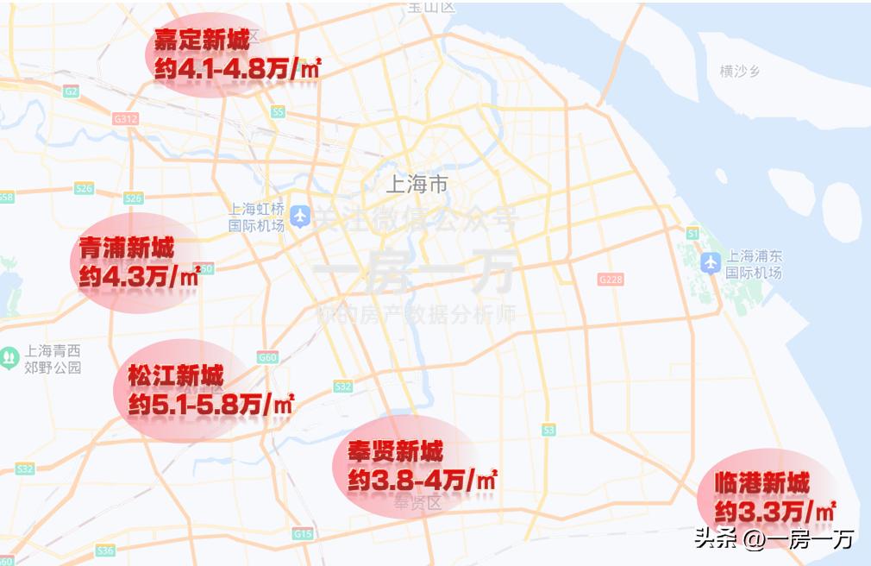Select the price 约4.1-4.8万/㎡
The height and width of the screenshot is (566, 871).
click(x=237, y=69)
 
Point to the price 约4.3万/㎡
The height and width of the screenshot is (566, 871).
click(x=139, y=278)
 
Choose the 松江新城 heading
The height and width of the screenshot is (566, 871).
click(x=176, y=376)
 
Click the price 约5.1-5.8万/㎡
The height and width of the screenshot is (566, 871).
click(x=211, y=404)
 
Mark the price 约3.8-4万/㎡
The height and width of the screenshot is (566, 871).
click(x=423, y=481)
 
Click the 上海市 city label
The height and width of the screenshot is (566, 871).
click(x=417, y=184)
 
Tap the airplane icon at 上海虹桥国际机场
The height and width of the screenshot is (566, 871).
click(x=300, y=217)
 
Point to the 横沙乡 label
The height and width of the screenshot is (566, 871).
click(x=740, y=72)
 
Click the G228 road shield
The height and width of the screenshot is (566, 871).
click(x=610, y=280)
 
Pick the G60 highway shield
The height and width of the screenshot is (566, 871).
click(x=267, y=357)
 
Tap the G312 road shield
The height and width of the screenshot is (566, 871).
click(x=125, y=119)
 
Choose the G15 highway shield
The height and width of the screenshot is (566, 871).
click(x=302, y=534)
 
